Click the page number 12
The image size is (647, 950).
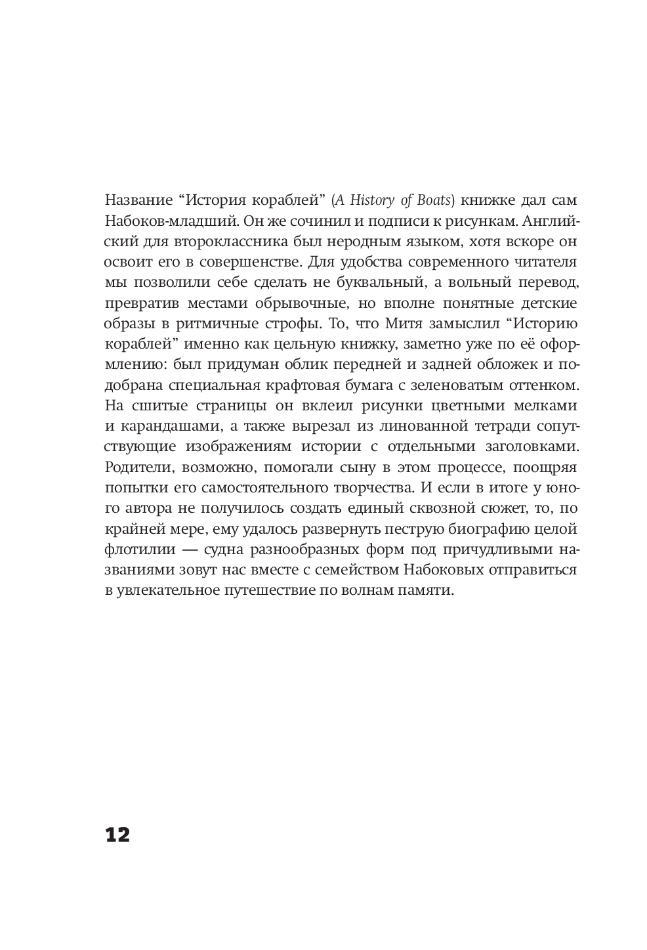[x=117, y=834]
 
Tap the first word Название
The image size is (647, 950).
[x=136, y=200]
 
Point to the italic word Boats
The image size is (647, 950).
[x=442, y=200]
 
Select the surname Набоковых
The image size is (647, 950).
[x=439, y=569]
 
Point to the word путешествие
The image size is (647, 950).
[x=279, y=590]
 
